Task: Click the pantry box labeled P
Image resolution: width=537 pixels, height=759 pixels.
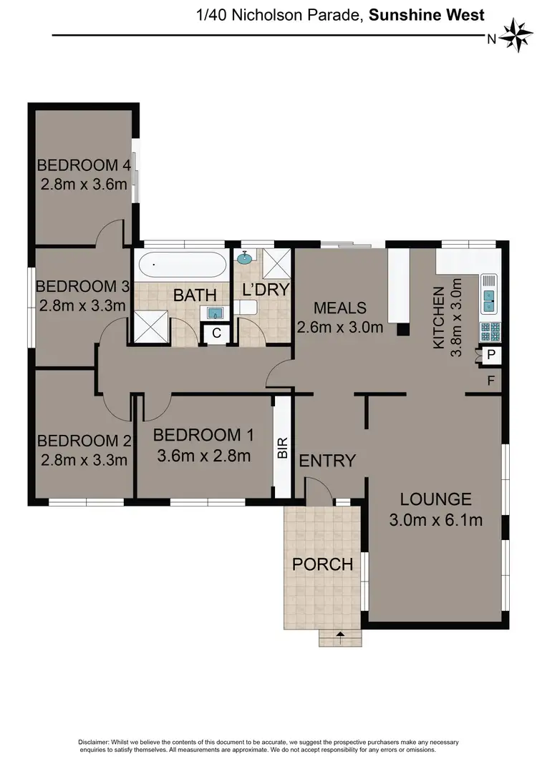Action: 492,355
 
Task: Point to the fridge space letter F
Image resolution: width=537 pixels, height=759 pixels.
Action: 491,380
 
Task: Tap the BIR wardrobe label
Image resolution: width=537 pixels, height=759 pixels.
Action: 283,449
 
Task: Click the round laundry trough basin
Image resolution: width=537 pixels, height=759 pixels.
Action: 245,258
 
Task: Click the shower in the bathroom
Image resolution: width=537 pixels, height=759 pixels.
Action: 153,328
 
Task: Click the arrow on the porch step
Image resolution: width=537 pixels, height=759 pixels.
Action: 339,634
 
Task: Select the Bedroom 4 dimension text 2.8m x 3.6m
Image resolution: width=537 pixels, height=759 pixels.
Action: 84,185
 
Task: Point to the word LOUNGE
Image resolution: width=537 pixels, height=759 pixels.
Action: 435,499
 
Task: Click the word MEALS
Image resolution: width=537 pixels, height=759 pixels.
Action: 341,308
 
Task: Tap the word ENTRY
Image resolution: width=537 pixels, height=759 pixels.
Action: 327,460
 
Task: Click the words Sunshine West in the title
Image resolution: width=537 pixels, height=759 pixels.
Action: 426,14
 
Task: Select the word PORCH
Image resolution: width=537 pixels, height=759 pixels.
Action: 322,564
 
